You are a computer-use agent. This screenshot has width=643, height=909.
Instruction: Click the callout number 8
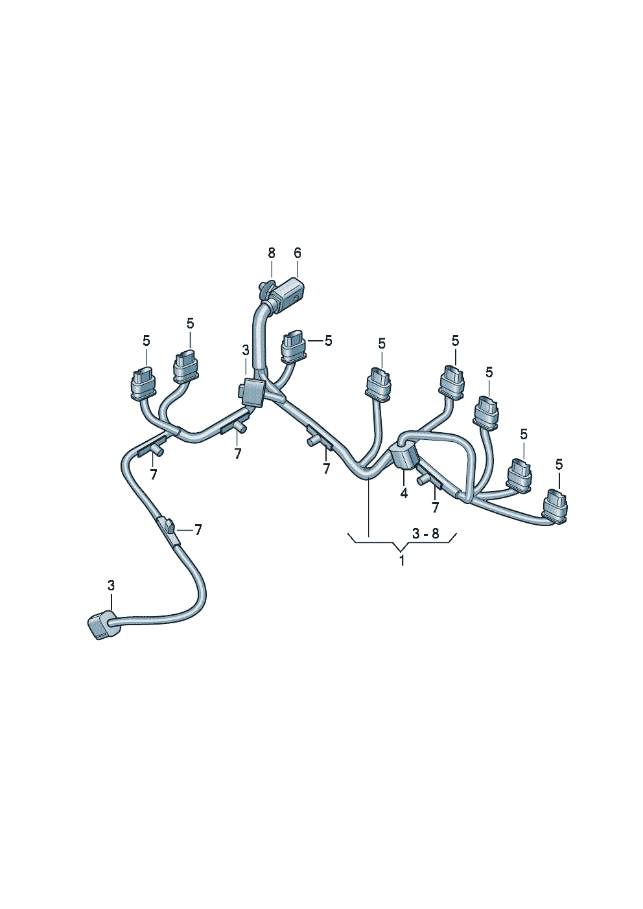click(272, 253)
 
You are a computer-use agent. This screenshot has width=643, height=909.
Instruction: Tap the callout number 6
click(298, 253)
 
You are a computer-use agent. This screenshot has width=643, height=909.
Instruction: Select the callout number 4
click(404, 493)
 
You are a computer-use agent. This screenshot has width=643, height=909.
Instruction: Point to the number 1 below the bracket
click(401, 561)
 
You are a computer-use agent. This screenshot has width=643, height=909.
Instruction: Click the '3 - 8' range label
click(426, 534)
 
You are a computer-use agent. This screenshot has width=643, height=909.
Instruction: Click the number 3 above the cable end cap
click(111, 585)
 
